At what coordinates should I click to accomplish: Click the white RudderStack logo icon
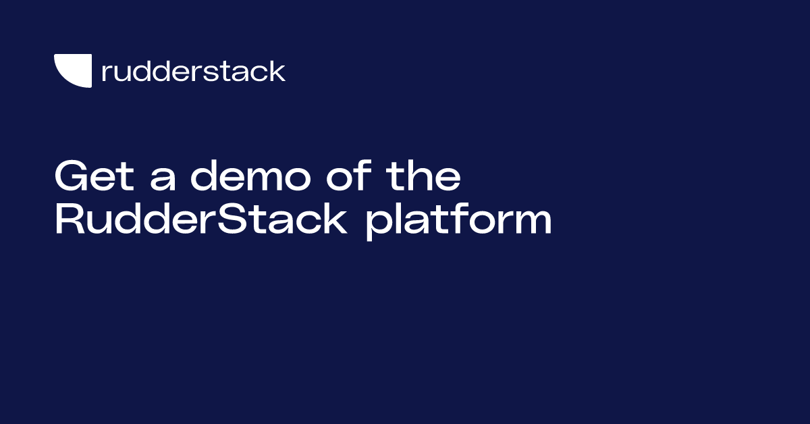[x=73, y=71]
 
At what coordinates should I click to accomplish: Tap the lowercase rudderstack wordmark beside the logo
[x=193, y=71]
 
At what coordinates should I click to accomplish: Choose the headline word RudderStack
[x=201, y=220]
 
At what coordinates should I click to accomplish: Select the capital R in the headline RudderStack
[x=67, y=220]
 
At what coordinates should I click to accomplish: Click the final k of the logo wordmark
[x=277, y=71]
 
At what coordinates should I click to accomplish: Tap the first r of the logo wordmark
[x=105, y=74]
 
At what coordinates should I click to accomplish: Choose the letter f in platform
[x=453, y=219]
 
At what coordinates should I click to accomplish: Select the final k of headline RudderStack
[x=336, y=220]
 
